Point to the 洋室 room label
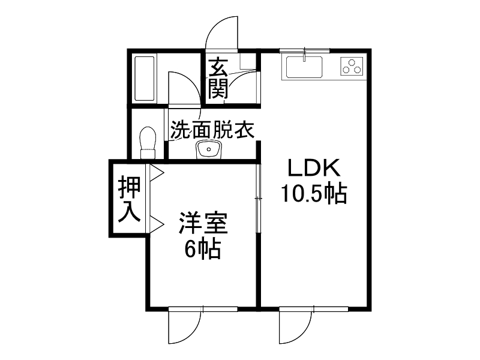(x=202, y=225)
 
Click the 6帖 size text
(x=202, y=248)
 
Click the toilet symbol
(x=146, y=143)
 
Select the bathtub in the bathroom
(x=145, y=79)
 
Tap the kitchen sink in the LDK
(x=305, y=67)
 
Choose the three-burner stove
(x=352, y=67)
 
